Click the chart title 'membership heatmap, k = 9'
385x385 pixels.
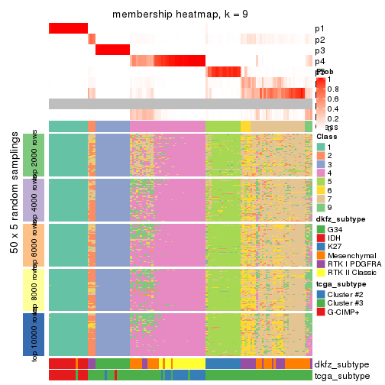(180, 15)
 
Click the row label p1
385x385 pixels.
(319, 29)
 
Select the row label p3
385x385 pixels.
(319, 50)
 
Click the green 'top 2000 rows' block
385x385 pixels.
(28, 155)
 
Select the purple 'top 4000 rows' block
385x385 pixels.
(28, 200)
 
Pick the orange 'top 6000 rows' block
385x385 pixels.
(28, 245)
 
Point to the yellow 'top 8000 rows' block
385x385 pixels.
(28, 290)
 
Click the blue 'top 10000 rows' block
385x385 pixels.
(28, 335)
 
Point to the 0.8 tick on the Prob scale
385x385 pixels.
(331, 89)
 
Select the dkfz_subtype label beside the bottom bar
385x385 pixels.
(341, 364)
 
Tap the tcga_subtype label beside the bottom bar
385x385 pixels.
(341, 376)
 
